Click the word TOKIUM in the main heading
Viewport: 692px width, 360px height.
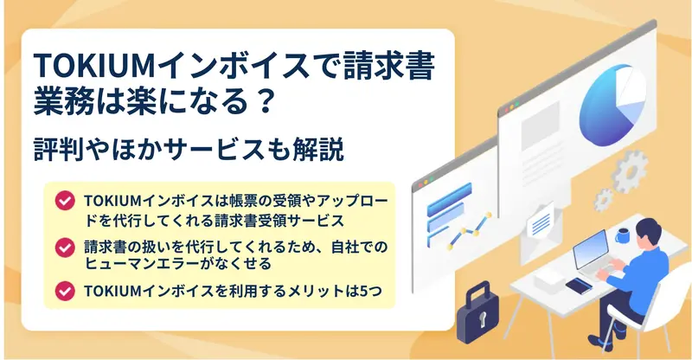click(x=94, y=67)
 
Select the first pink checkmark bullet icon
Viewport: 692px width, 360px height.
click(x=65, y=201)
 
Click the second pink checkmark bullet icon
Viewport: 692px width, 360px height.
click(x=65, y=247)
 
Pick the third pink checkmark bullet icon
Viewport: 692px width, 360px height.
click(x=65, y=291)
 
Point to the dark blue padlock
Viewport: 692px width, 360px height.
click(x=477, y=312)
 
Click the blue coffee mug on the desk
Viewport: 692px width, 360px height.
click(x=623, y=235)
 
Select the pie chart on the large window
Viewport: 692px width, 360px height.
click(x=612, y=105)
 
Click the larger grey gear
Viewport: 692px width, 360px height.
click(x=630, y=171)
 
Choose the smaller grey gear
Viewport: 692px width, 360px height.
click(x=603, y=200)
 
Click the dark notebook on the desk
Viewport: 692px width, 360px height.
click(x=579, y=286)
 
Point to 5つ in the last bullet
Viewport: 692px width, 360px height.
click(x=371, y=291)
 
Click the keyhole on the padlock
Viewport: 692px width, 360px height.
click(x=483, y=317)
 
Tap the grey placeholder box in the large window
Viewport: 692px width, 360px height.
click(x=540, y=120)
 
